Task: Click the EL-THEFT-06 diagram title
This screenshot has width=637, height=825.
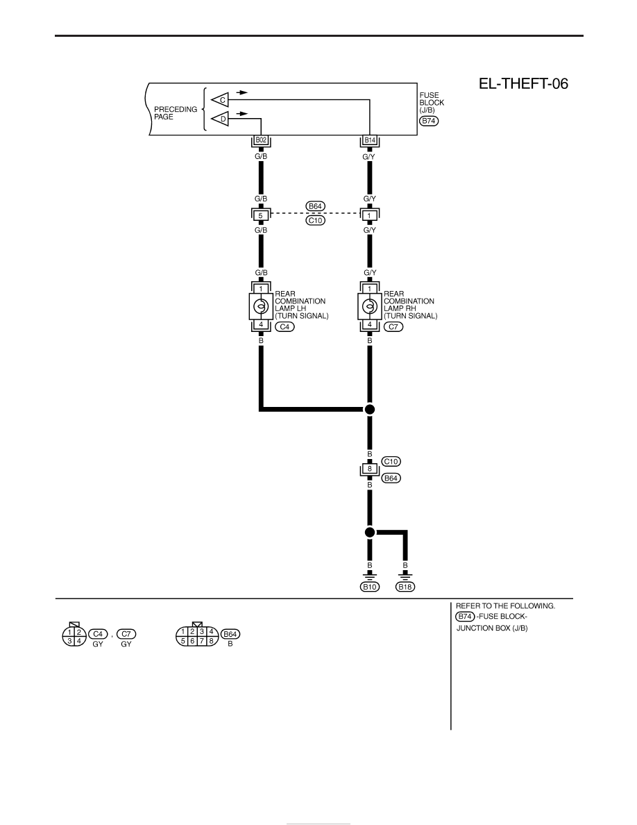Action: coord(523,84)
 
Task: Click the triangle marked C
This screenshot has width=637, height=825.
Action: coord(220,99)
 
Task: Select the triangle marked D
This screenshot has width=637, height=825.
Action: coord(220,119)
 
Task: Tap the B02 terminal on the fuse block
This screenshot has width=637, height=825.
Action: coord(261,140)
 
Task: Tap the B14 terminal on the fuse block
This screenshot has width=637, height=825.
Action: coord(369,140)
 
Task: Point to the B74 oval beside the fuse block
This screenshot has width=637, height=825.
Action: coord(429,121)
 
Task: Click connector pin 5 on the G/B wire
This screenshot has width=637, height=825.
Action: coord(261,215)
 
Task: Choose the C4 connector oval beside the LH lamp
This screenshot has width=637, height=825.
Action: coord(285,327)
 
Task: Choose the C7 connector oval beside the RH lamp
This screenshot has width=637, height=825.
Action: coord(393,327)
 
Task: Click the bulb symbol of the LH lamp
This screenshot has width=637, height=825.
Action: coord(261,306)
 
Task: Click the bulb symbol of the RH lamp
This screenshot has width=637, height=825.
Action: coord(369,306)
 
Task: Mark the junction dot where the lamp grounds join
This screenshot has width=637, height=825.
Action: coord(369,409)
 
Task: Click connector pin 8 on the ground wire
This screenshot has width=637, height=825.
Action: coord(369,469)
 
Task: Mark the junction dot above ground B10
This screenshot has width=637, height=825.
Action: coord(369,533)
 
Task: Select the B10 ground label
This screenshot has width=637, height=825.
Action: coord(369,587)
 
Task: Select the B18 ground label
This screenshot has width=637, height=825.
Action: coord(405,587)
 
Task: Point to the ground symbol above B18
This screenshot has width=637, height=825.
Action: coord(405,576)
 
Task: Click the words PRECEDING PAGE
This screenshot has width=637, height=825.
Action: coord(175,113)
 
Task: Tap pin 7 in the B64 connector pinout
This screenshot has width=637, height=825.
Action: coord(201,641)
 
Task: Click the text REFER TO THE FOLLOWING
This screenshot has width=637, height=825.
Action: coord(505,606)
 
